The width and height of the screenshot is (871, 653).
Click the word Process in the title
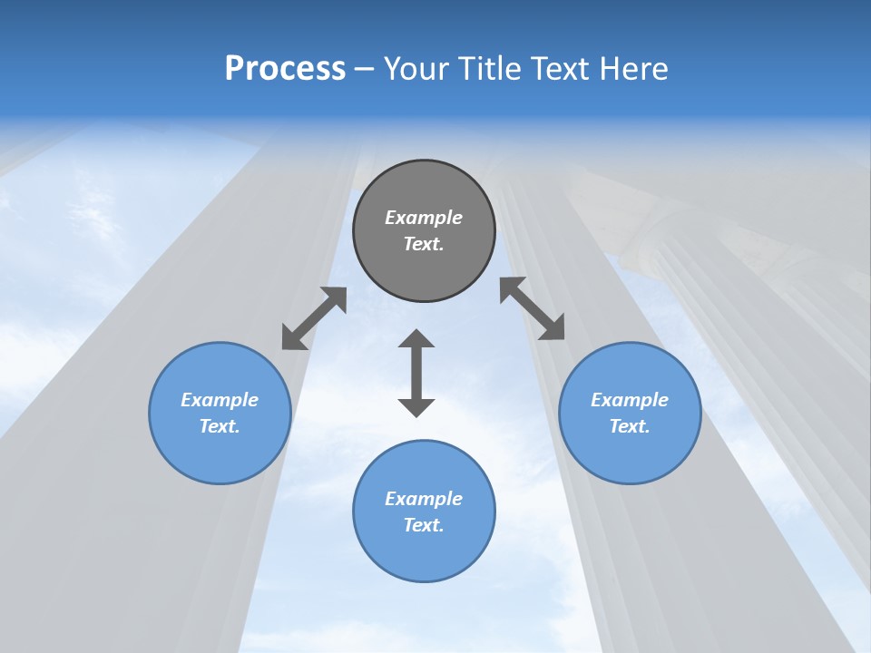[285, 69]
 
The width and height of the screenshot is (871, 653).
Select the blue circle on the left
[220, 453]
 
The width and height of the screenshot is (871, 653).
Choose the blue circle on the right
[630, 453]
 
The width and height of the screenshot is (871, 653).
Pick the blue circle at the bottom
[424, 553]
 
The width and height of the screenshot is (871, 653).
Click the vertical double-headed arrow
[416, 373]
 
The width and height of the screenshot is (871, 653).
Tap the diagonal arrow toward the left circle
[314, 318]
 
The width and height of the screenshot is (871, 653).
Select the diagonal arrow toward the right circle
[533, 308]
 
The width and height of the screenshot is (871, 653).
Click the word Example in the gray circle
[424, 218]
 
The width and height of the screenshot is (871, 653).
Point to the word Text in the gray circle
[423, 244]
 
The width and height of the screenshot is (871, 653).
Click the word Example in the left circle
[220, 400]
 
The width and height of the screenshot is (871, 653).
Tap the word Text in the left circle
[219, 426]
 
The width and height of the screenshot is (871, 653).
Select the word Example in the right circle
[630, 400]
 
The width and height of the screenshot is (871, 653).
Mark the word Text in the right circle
[629, 426]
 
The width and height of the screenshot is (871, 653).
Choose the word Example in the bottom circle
[424, 499]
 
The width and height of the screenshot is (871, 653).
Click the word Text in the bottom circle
[423, 525]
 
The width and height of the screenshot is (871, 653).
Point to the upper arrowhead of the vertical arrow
[416, 339]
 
